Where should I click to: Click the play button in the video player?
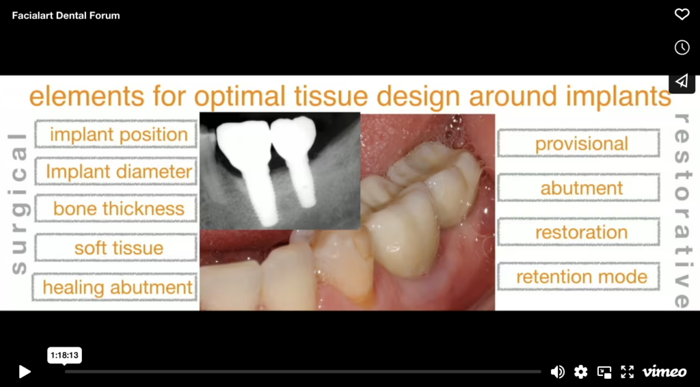coord(25,371)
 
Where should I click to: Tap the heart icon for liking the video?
coord(682,14)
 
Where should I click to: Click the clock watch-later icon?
coord(682,47)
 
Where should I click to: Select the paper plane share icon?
coord(682,81)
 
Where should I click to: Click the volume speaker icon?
coord(558,371)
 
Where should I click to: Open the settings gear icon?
coord(581,371)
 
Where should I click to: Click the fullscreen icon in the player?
coord(627,371)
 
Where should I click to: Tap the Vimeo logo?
coord(664,371)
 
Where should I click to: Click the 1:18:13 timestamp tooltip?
coord(64,356)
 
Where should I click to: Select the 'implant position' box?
coord(116,135)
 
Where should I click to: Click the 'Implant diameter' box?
coord(116,172)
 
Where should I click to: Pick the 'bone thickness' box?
coord(116,209)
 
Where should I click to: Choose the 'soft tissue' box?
coord(116,248)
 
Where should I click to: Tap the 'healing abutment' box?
coord(116,287)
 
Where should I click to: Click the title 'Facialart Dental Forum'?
coord(66,15)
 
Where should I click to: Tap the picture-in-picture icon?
coord(604,371)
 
